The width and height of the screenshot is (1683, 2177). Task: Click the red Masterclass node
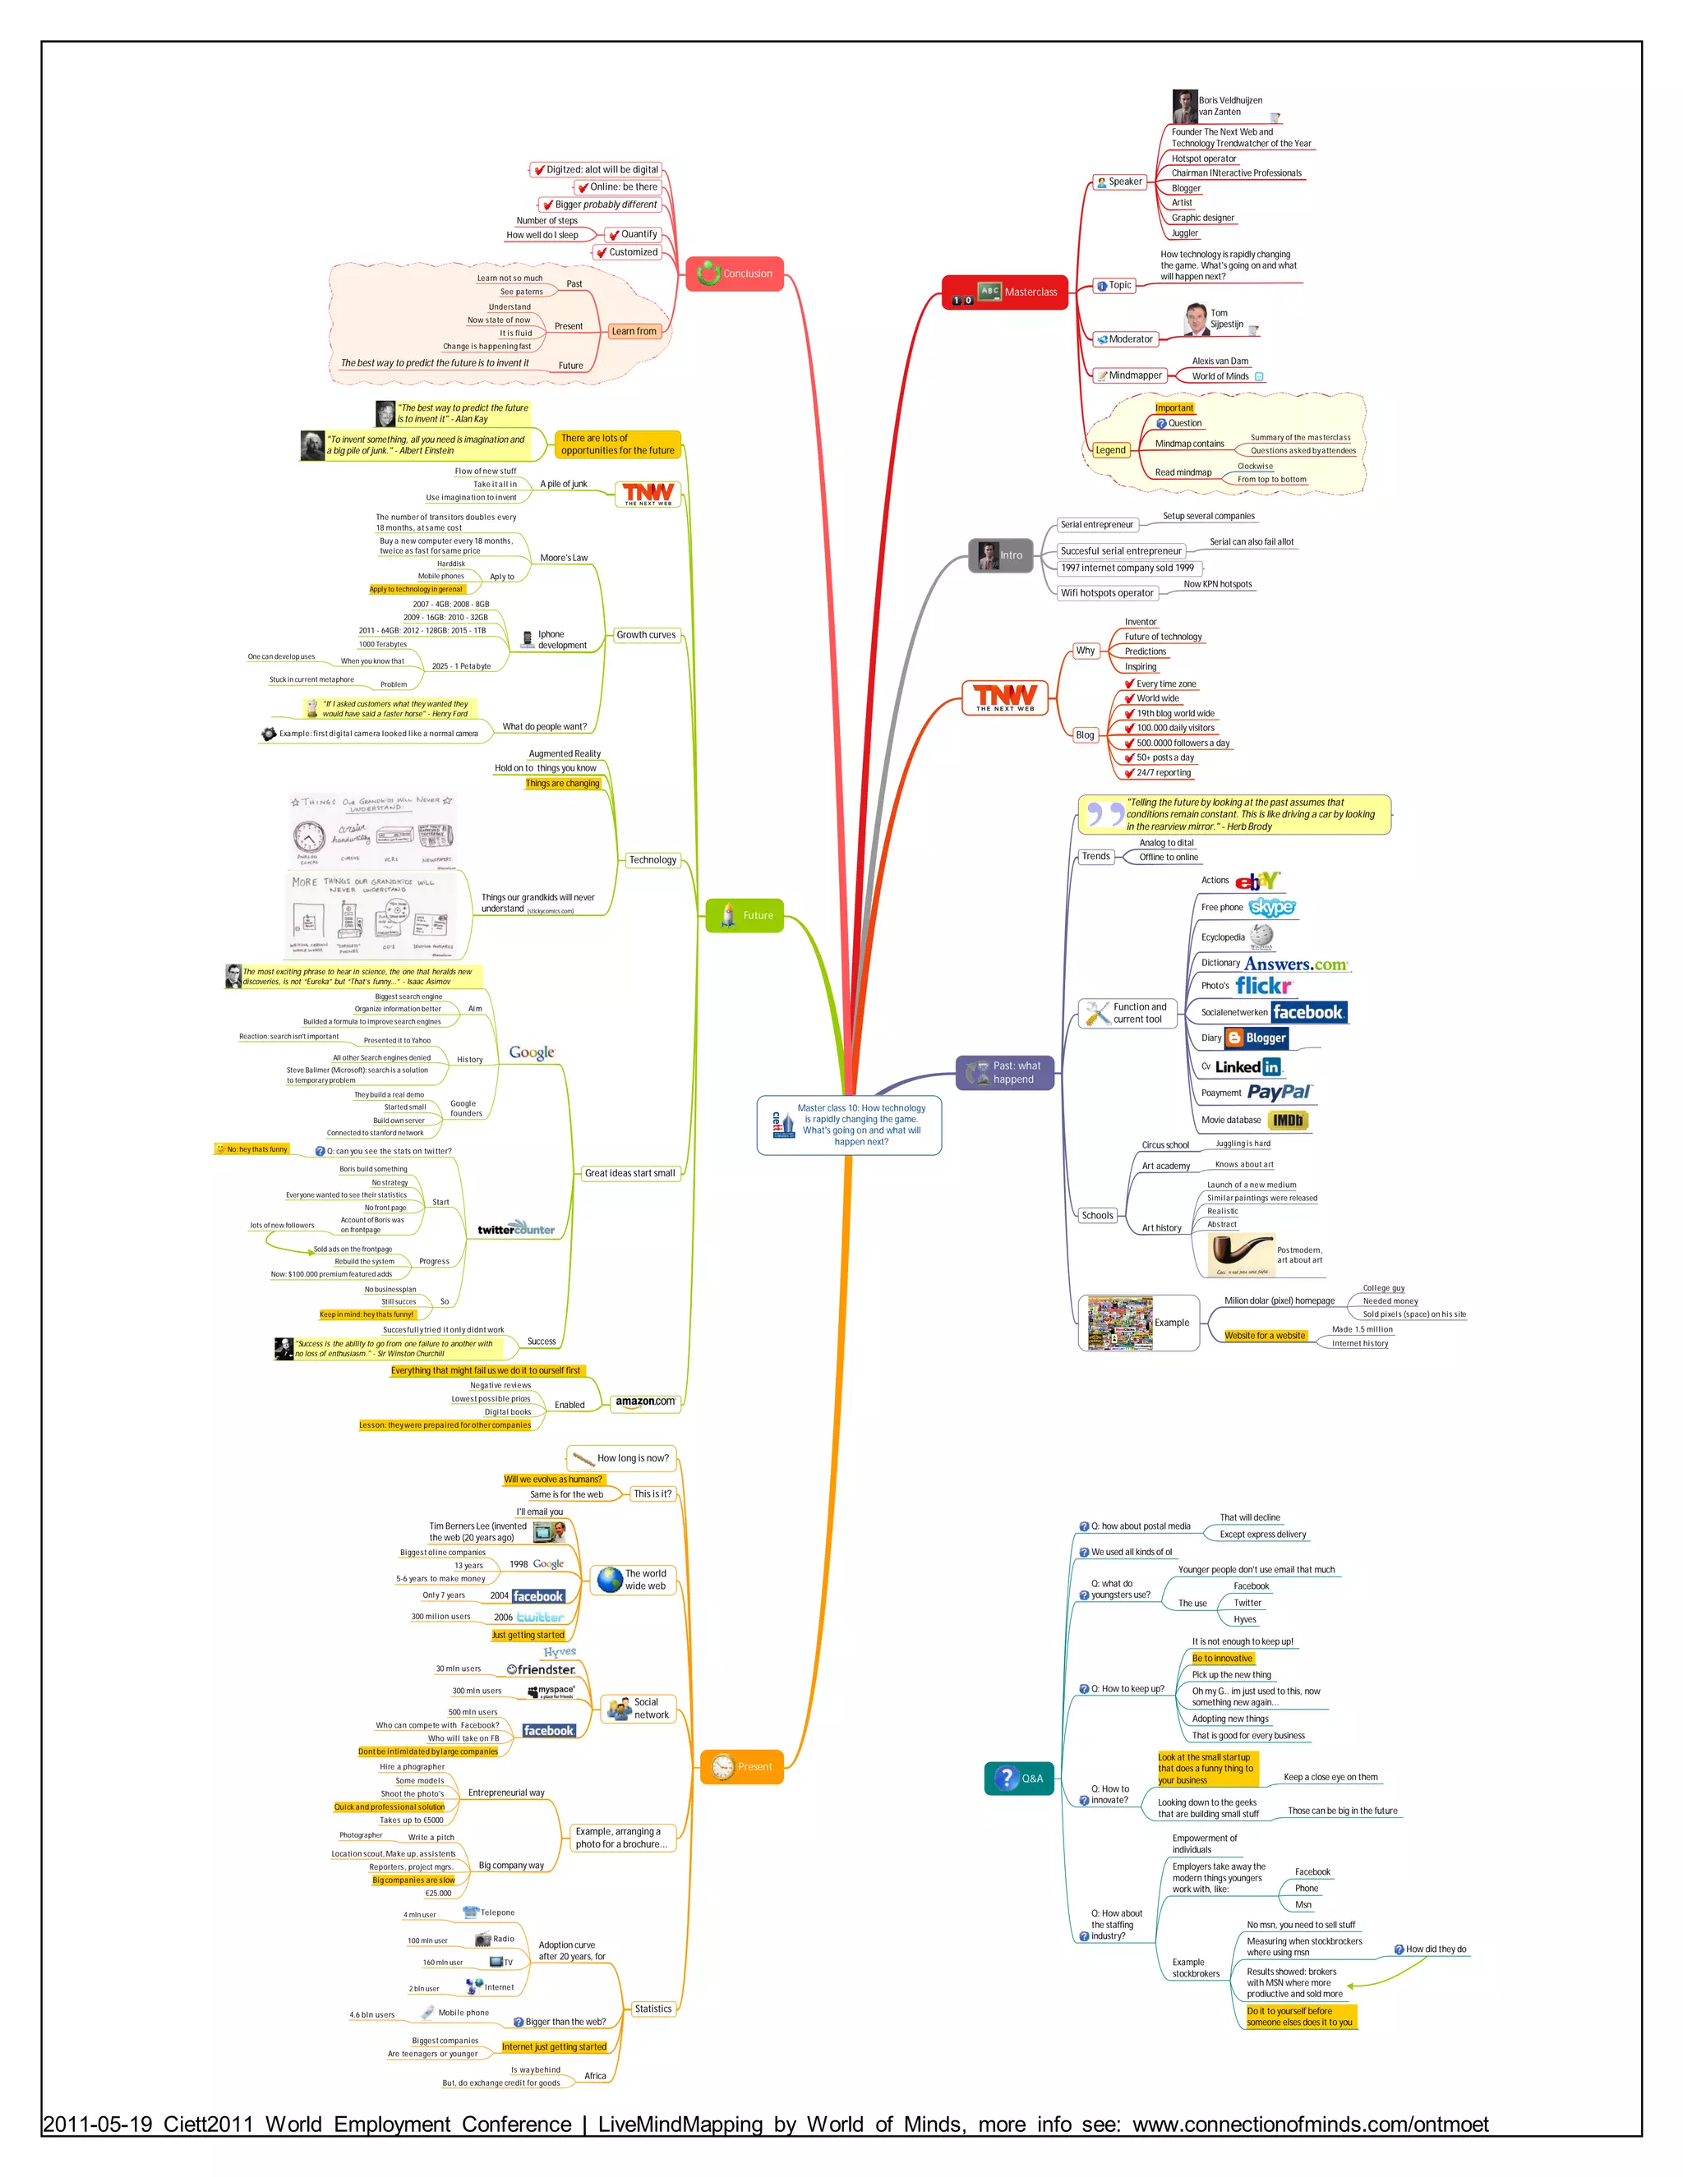(x=1004, y=292)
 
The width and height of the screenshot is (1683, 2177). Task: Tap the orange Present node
(x=742, y=1766)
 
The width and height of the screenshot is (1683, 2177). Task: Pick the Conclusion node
(x=735, y=273)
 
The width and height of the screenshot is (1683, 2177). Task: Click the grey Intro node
(x=1000, y=555)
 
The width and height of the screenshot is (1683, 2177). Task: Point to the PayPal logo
(x=1280, y=1093)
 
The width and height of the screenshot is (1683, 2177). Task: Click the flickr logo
(x=1263, y=986)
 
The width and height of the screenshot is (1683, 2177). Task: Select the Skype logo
(x=1272, y=907)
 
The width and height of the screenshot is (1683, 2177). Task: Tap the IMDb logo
(x=1287, y=1121)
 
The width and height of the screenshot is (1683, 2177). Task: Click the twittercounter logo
(x=515, y=1229)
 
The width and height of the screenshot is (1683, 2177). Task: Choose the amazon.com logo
(x=645, y=1401)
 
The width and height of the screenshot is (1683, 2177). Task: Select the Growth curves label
(x=646, y=635)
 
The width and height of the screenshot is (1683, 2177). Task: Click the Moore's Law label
(x=563, y=558)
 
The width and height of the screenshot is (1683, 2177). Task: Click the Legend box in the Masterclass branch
(x=1109, y=449)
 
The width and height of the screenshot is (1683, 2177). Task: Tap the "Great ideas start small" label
(x=629, y=1173)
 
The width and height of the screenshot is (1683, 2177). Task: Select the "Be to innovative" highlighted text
(x=1221, y=1659)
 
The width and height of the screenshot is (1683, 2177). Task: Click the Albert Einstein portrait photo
(x=312, y=445)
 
